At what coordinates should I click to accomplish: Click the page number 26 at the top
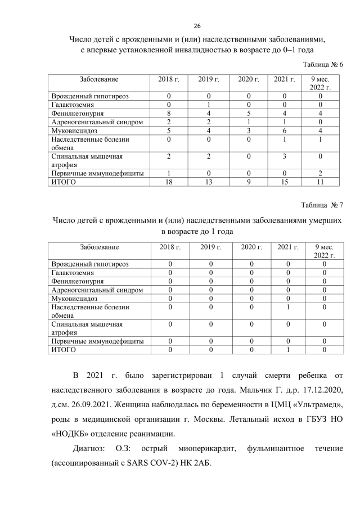[197, 26]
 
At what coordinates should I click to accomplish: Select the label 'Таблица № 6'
[323, 65]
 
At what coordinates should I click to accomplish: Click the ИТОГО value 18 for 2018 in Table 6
[168, 182]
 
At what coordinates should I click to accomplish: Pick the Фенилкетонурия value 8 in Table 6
[168, 113]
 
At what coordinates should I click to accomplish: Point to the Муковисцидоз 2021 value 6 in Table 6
[285, 130]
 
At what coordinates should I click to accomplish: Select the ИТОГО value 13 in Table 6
[208, 182]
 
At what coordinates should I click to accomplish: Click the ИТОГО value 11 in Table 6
[320, 182]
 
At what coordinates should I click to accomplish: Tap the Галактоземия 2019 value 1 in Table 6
[208, 105]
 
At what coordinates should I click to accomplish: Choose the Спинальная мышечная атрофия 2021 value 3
[285, 156]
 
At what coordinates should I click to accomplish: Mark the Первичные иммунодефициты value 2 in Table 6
[320, 174]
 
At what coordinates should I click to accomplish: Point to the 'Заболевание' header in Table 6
[99, 79]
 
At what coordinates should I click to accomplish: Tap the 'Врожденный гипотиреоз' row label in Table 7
[90, 264]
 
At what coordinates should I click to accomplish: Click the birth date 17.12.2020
[318, 390]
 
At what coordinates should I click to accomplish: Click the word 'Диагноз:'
[92, 448]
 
